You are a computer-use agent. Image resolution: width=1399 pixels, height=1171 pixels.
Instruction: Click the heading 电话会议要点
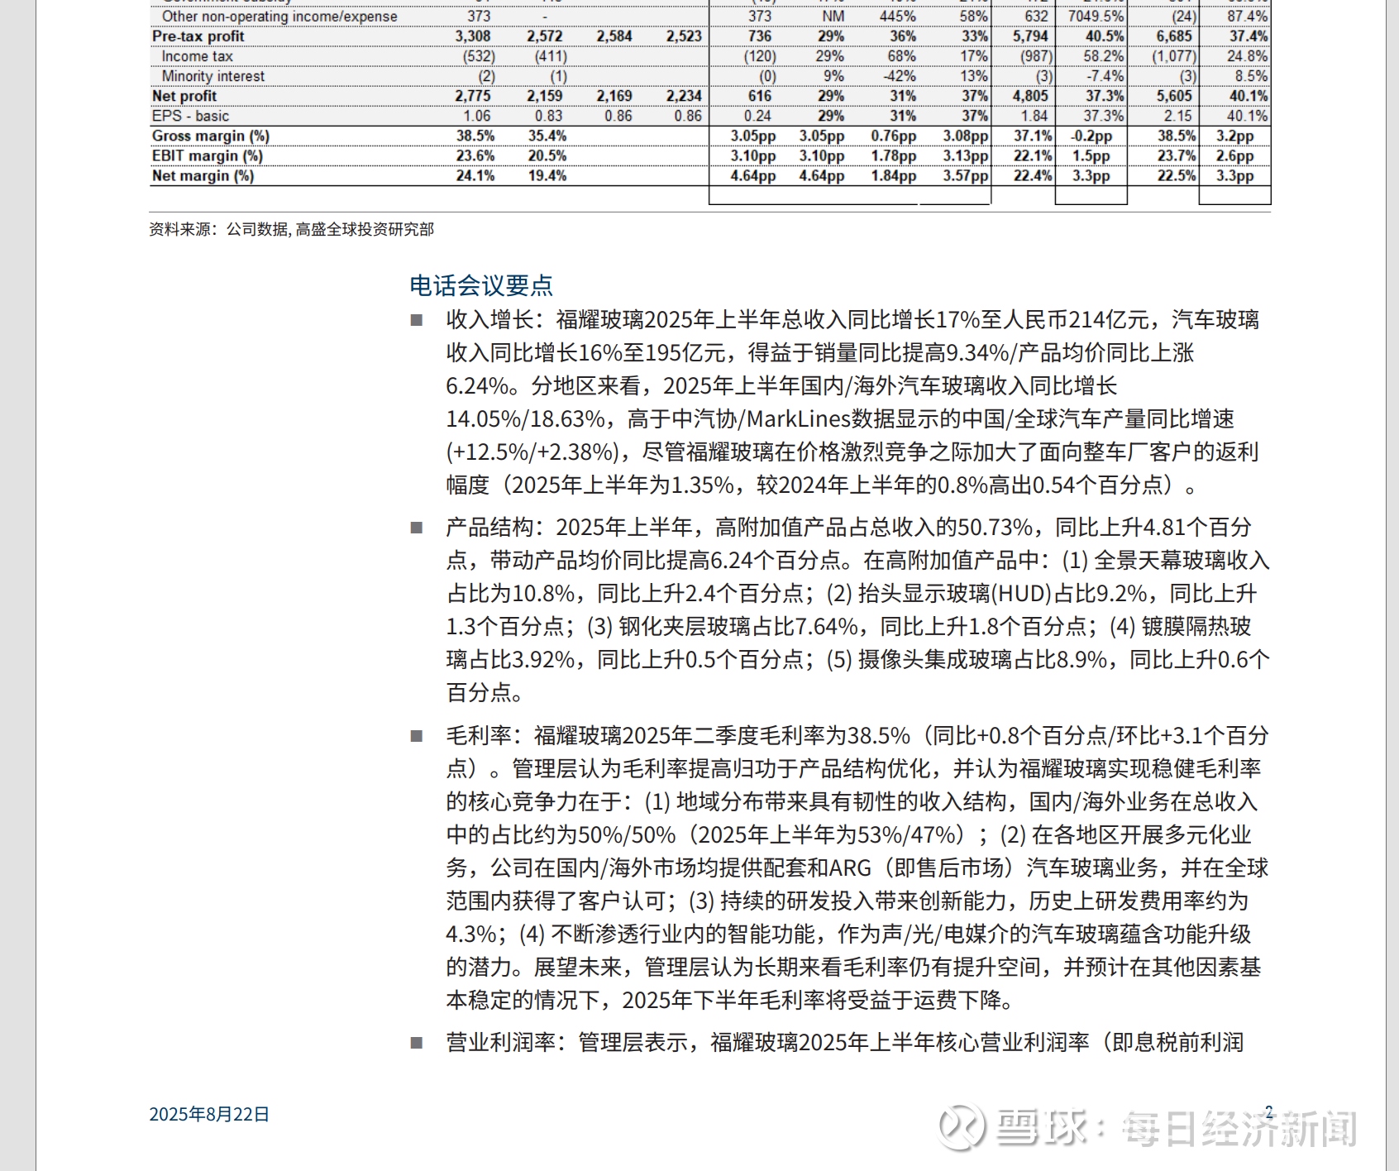(481, 285)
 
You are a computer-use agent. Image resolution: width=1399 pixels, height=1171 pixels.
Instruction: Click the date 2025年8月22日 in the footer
(209, 1114)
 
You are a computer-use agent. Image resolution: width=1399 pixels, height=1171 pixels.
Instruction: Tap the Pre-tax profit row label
(198, 36)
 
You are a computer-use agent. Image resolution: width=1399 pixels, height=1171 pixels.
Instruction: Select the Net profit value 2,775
(473, 96)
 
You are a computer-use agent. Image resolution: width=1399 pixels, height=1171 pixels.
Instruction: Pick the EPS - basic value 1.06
(477, 116)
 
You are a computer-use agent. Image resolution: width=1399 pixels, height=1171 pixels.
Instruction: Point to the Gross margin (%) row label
(211, 136)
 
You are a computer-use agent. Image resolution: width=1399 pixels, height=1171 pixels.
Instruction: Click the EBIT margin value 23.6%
(475, 155)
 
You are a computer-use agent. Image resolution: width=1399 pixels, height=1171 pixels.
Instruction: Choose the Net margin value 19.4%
(547, 175)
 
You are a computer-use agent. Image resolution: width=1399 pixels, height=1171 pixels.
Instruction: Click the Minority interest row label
(213, 76)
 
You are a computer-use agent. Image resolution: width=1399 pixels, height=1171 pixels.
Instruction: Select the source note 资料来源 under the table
(291, 229)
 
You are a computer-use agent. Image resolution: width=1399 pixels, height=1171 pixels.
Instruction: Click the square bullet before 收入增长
(417, 320)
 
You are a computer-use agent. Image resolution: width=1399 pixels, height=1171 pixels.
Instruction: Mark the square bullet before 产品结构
(417, 528)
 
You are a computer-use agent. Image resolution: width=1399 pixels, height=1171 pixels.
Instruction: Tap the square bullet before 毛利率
(417, 736)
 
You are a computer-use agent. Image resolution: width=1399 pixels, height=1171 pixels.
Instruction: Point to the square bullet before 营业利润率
(417, 1043)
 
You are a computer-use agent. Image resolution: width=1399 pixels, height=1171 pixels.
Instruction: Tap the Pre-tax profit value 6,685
(1174, 36)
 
